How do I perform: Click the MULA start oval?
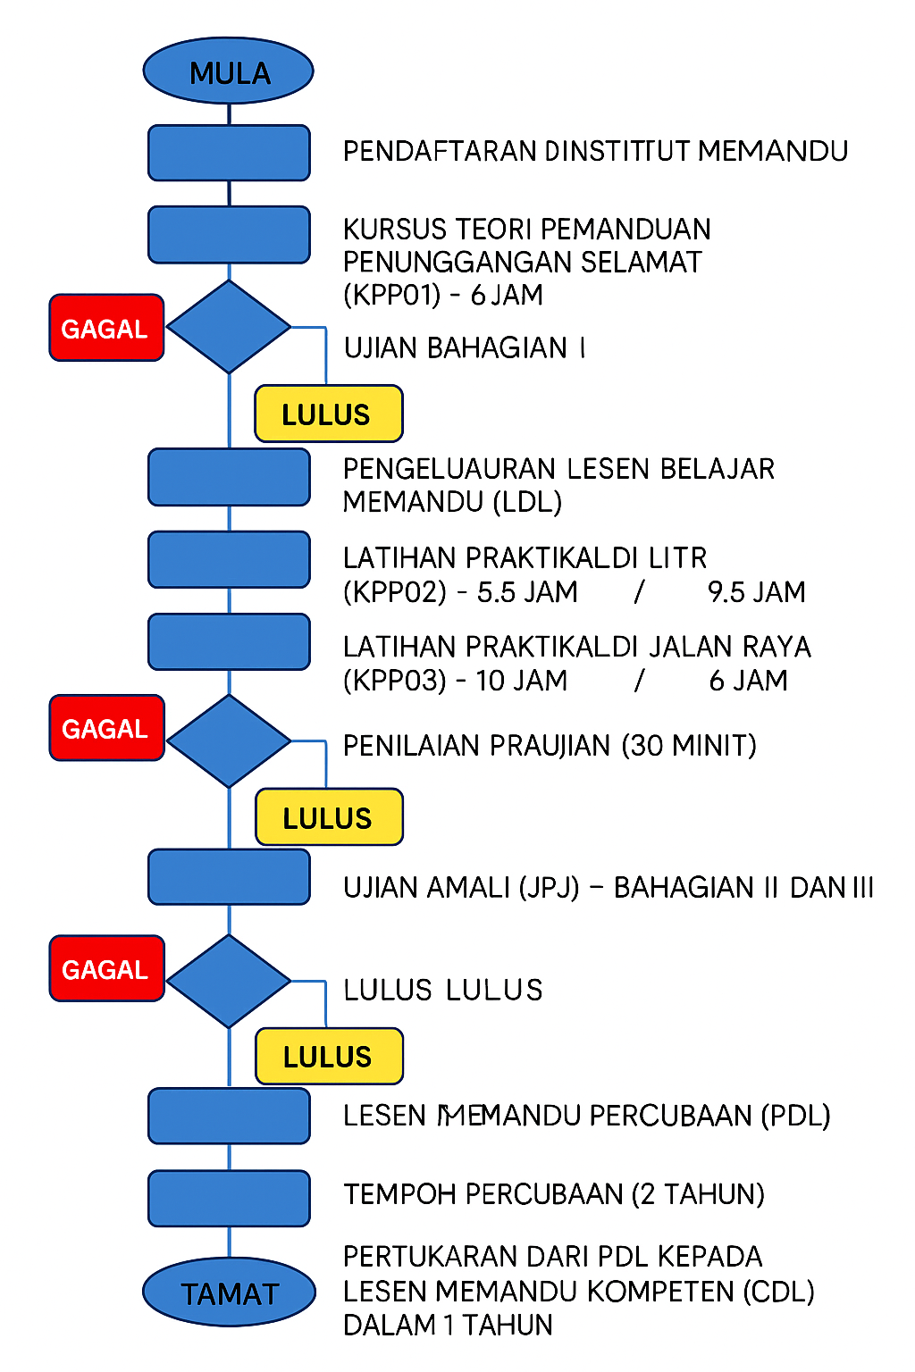[x=229, y=71]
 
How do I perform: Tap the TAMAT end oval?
[x=230, y=1292]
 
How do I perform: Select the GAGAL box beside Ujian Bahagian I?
[x=106, y=328]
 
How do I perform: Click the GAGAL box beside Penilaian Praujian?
[x=106, y=728]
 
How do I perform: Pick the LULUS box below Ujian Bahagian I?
[x=328, y=414]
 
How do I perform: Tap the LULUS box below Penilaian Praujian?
[x=328, y=817]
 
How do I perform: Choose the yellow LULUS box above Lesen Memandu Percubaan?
[x=328, y=1057]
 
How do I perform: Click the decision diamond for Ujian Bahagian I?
[x=229, y=327]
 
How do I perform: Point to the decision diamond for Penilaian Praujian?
[x=229, y=740]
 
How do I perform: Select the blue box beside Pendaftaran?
[x=229, y=153]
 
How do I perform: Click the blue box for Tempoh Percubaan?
[x=229, y=1198]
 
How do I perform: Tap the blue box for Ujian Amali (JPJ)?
[x=229, y=877]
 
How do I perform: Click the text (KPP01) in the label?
[x=391, y=295]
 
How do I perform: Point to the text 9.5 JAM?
[x=756, y=592]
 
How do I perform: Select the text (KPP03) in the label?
[x=394, y=681]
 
